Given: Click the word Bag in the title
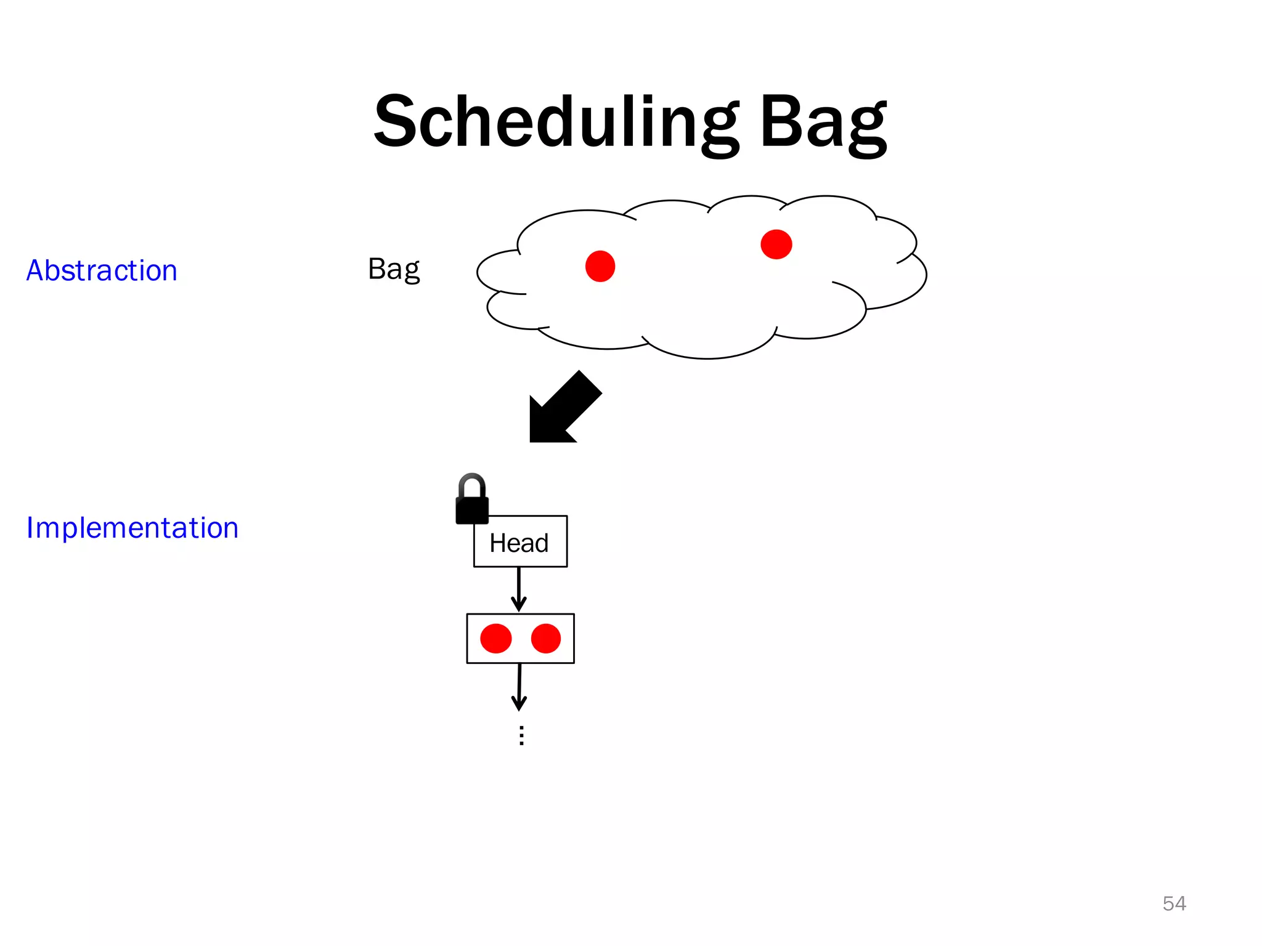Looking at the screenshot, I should (x=823, y=123).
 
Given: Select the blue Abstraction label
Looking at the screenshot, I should (x=102, y=271).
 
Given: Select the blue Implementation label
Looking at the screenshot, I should (x=132, y=528).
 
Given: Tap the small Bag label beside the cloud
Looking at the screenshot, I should (x=394, y=269).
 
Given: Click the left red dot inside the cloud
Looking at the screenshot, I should (x=600, y=266).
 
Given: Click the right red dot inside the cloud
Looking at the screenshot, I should (x=776, y=245).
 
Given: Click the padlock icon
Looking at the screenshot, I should (x=472, y=502).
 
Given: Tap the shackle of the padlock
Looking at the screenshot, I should (x=472, y=483).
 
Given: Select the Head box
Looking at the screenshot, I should (x=520, y=542).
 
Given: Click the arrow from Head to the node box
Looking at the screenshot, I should (x=519, y=589).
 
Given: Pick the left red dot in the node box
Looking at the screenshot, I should (x=496, y=638).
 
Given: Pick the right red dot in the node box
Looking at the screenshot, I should (x=545, y=638).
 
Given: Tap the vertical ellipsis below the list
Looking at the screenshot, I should (x=521, y=735).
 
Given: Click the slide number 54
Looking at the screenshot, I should (x=1174, y=904).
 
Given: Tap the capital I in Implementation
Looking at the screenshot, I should (x=30, y=528).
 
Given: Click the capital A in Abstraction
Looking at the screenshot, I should (x=35, y=271).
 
